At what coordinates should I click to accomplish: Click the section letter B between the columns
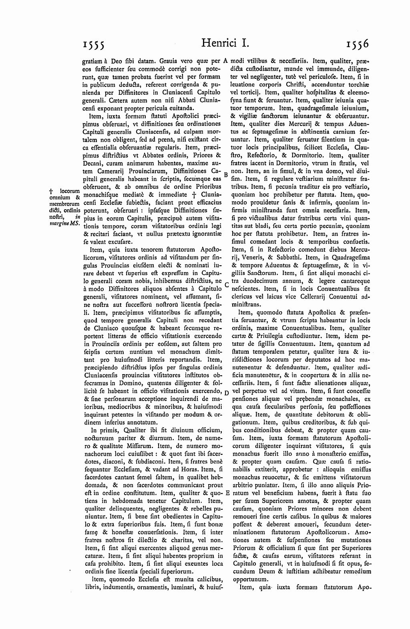pos(226,175)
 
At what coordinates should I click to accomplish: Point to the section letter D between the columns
pos(226,393)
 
